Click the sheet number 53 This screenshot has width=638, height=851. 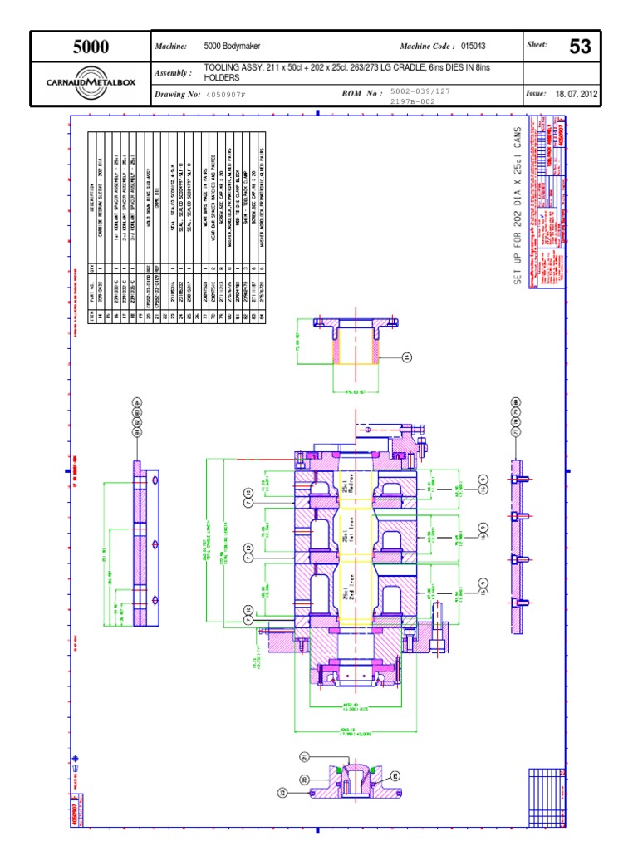pyautogui.click(x=579, y=47)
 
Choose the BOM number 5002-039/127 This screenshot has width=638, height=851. pyautogui.click(x=420, y=89)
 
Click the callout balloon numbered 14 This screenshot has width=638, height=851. pyautogui.click(x=407, y=357)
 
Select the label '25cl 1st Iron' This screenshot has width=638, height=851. pyautogui.click(x=348, y=541)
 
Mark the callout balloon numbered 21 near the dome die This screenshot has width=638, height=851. pyautogui.click(x=305, y=757)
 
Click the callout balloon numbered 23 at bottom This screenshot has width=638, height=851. pyautogui.click(x=283, y=793)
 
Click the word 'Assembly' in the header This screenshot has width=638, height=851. pyautogui.click(x=173, y=73)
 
